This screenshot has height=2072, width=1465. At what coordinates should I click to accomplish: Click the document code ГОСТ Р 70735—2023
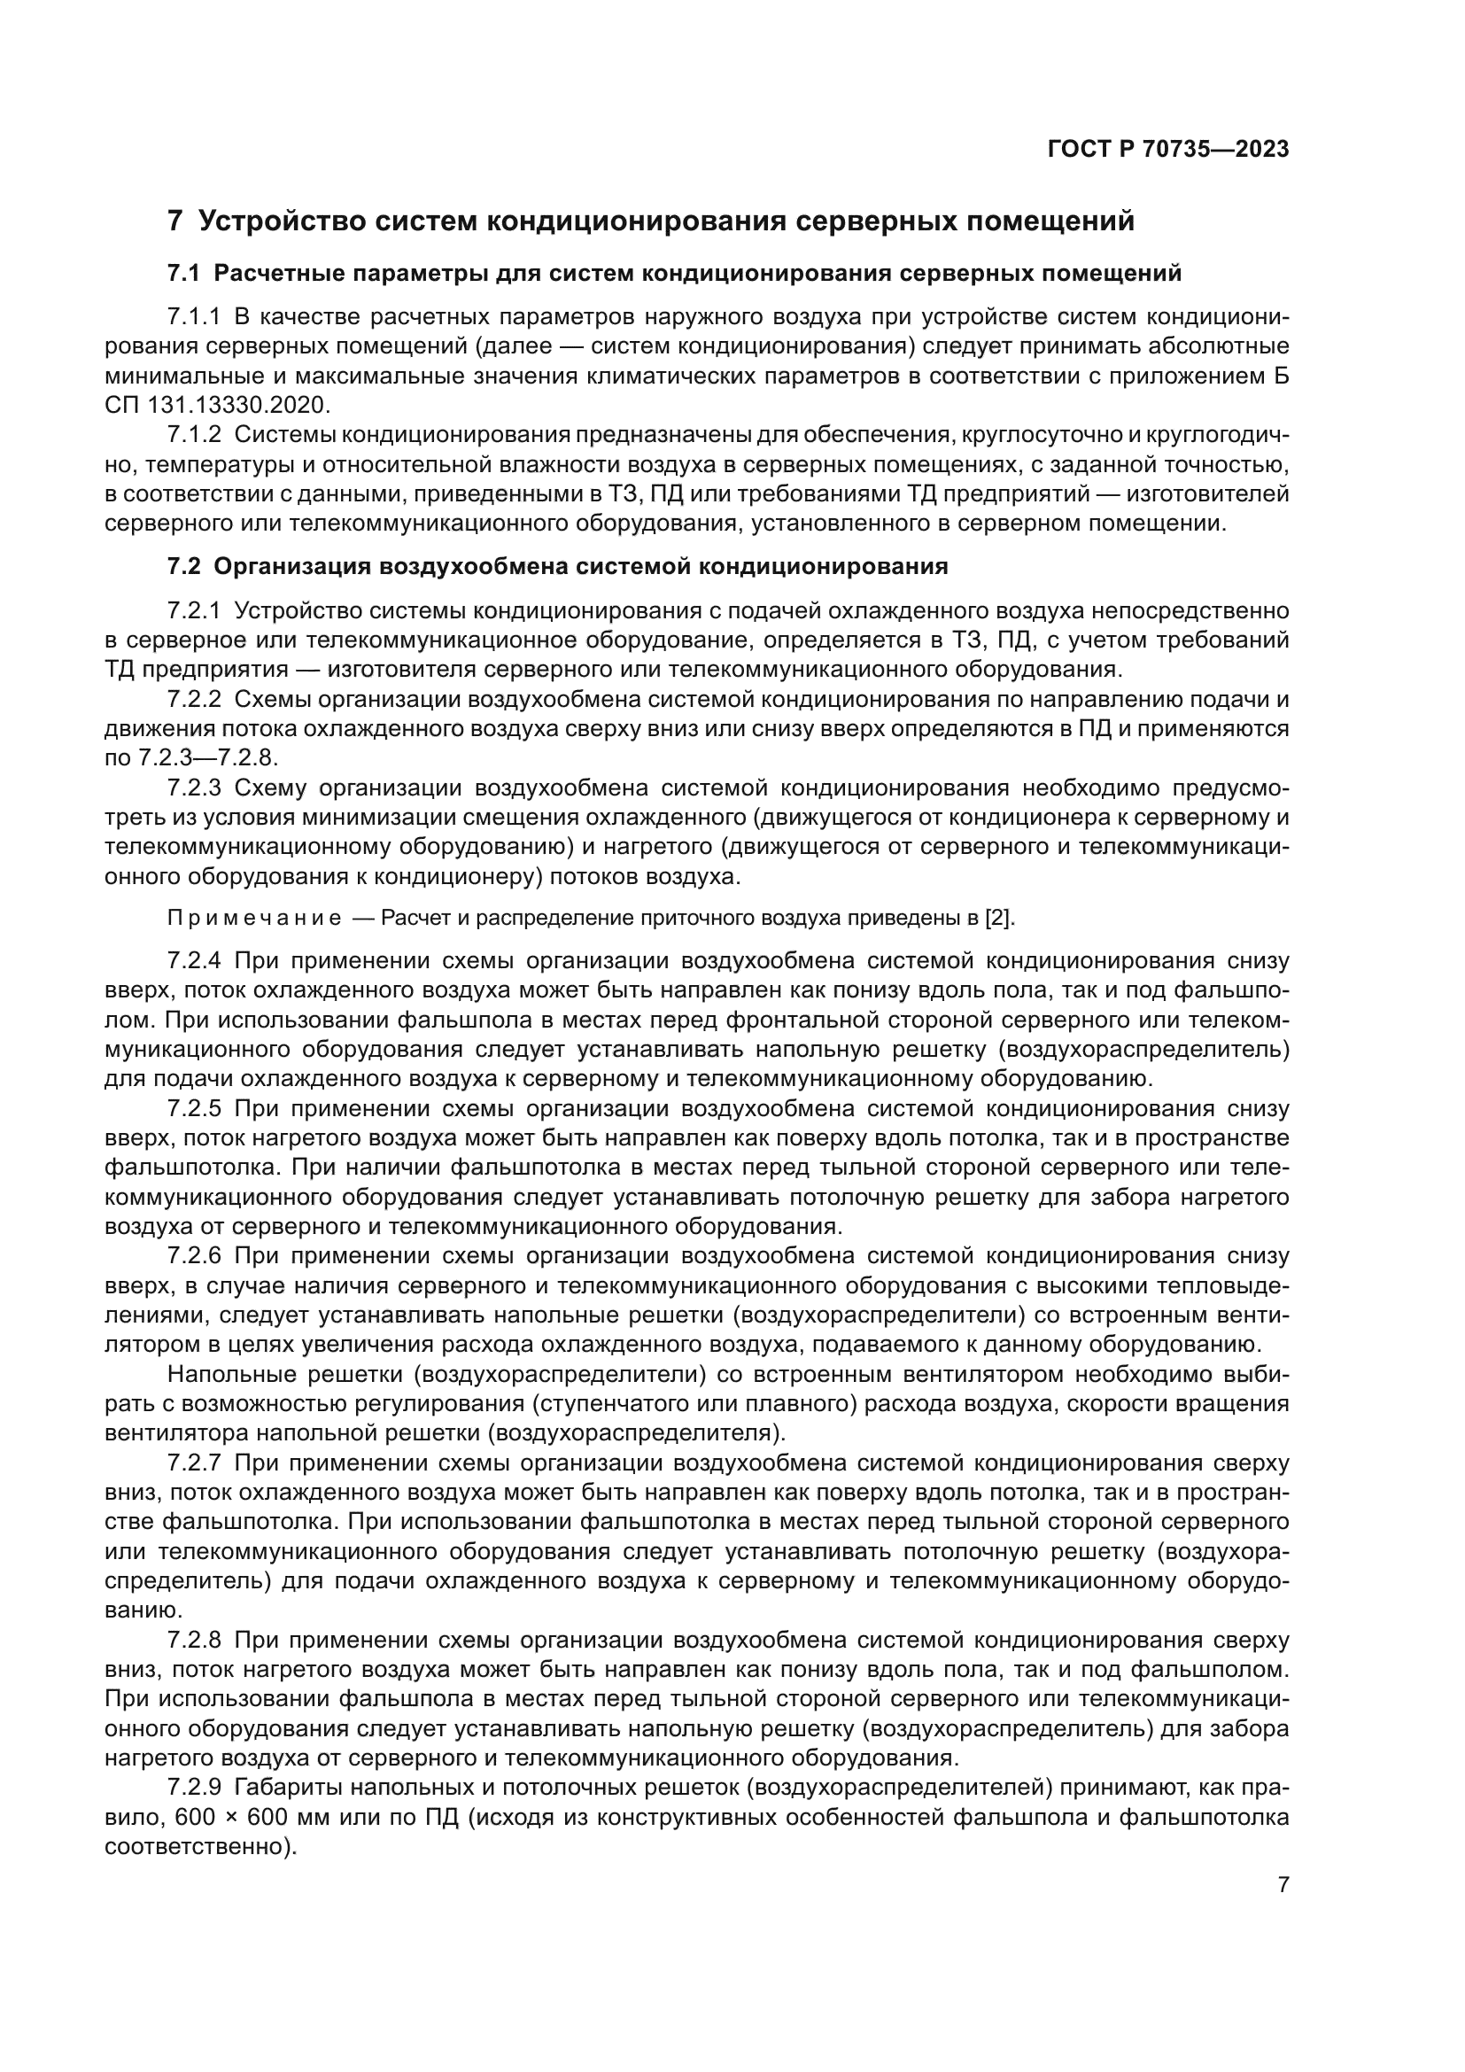[x=1168, y=150]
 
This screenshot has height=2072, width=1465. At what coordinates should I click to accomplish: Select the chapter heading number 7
[x=175, y=221]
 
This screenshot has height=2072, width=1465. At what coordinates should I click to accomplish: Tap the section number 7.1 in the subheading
[x=184, y=274]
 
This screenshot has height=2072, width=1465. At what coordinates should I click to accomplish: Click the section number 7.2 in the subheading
[x=184, y=567]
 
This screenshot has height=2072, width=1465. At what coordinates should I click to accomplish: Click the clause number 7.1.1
[x=194, y=317]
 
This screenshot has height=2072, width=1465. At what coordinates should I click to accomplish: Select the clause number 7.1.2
[x=194, y=435]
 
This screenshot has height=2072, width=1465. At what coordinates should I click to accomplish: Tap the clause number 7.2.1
[x=194, y=611]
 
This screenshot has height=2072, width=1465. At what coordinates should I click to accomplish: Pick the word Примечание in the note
[x=254, y=919]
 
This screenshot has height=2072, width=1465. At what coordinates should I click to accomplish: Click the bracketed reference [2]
[x=999, y=919]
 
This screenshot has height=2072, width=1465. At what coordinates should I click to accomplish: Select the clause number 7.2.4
[x=194, y=961]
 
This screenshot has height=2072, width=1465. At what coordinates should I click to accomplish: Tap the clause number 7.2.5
[x=194, y=1109]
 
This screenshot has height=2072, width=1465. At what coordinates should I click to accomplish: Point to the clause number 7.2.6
[x=194, y=1256]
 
